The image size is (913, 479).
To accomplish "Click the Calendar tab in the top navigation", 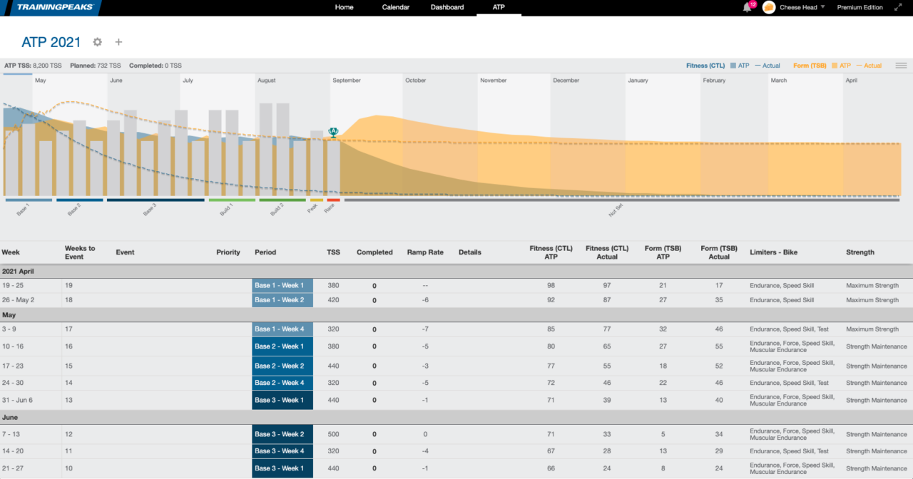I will click(x=395, y=7).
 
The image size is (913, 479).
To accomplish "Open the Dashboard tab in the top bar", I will click(x=447, y=7).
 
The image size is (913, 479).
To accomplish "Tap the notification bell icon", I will click(x=747, y=7).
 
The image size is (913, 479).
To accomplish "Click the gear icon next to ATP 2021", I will click(x=98, y=42).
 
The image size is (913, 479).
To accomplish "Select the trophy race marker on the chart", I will click(x=332, y=132).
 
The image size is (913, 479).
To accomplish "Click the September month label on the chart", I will click(x=347, y=81).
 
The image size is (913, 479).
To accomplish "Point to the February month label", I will click(x=714, y=81).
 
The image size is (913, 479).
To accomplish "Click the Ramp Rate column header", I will click(x=425, y=252).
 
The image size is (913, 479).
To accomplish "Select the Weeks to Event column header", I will click(x=80, y=252).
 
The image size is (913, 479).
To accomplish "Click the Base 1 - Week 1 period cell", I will click(x=282, y=285).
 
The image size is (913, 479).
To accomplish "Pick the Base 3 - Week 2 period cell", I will click(x=282, y=434).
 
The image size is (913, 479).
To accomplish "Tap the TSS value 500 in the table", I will click(x=333, y=434).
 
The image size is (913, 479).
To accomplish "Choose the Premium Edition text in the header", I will click(x=860, y=7).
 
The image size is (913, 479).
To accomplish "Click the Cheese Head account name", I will click(x=799, y=7).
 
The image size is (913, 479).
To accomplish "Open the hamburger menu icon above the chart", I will click(x=901, y=66).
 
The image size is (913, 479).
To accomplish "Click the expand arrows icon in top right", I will click(x=898, y=7).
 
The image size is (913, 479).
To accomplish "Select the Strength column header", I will click(x=860, y=252).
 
